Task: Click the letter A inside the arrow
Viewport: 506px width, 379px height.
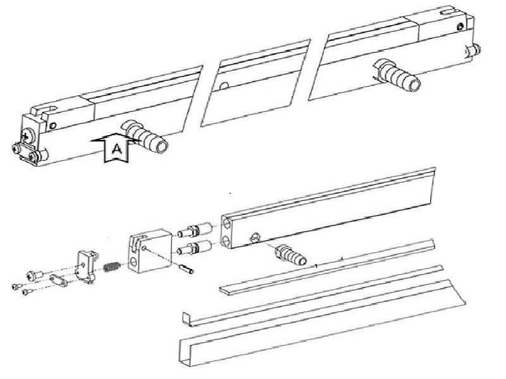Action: click(x=117, y=149)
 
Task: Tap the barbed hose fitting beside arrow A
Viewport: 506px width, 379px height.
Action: click(x=145, y=136)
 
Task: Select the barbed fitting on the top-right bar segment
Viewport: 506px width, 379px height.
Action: click(x=397, y=75)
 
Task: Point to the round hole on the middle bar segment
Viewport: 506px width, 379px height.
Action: click(x=224, y=86)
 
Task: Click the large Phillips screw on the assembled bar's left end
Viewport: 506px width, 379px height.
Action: click(x=27, y=135)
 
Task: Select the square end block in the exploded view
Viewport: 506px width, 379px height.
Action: click(x=149, y=251)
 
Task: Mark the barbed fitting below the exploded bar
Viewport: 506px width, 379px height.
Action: click(x=290, y=255)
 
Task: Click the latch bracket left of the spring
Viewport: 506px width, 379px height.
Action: click(x=87, y=267)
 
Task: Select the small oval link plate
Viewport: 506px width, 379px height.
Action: click(x=58, y=280)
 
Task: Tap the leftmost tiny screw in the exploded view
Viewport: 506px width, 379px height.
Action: click(x=17, y=286)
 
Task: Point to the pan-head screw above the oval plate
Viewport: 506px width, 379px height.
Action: click(x=34, y=275)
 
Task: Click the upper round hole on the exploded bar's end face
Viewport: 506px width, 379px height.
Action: click(x=227, y=224)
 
